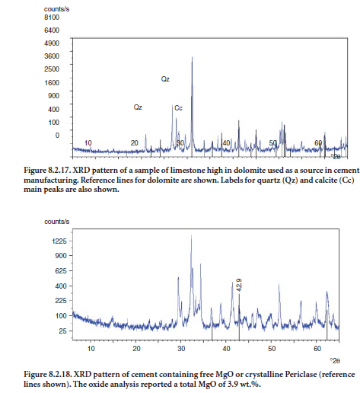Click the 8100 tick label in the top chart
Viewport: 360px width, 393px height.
(52, 18)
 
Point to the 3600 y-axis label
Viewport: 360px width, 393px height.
(52, 56)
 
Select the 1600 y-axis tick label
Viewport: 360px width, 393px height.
(52, 83)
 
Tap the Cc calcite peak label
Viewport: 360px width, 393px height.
(178, 108)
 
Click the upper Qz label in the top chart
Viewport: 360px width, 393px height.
(165, 79)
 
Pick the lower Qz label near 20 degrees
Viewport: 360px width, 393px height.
(138, 107)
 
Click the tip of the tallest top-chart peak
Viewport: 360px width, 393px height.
(192, 57)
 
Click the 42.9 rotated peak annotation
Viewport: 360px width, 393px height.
(239, 285)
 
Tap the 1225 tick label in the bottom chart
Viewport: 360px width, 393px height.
(59, 241)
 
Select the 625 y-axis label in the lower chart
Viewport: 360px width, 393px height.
(61, 271)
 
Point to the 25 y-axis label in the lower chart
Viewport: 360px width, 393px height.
(63, 331)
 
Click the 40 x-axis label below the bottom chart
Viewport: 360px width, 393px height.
(226, 349)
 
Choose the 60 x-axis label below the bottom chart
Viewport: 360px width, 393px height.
(317, 349)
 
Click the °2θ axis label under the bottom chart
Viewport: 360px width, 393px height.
(335, 361)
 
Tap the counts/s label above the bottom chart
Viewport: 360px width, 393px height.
(57, 222)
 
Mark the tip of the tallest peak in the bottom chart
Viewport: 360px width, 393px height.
(191, 235)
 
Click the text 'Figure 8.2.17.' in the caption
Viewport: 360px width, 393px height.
(47, 170)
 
